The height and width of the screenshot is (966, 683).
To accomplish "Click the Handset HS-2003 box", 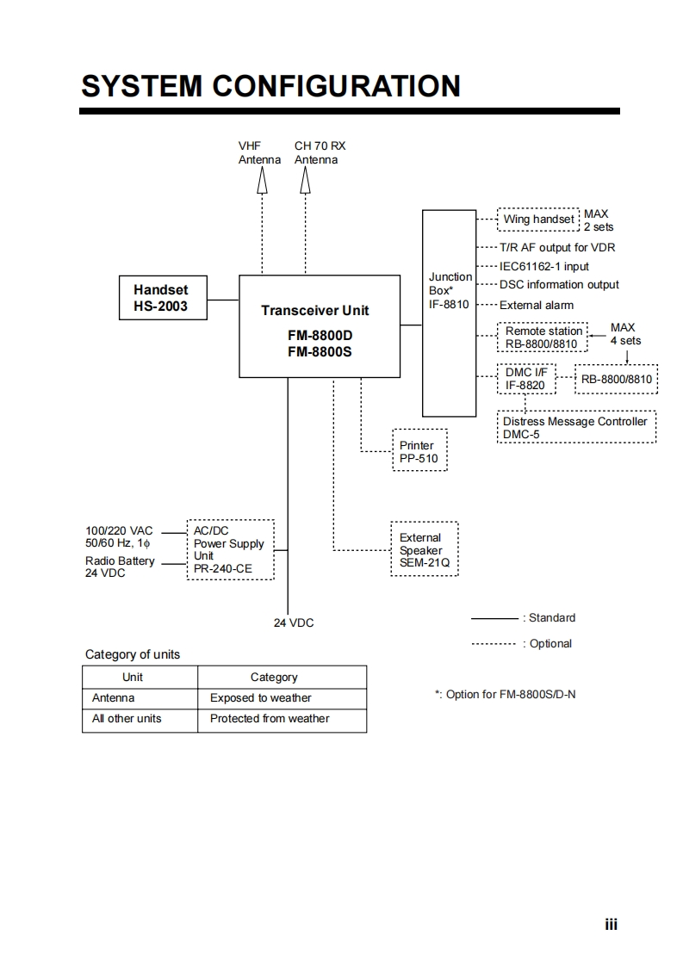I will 164,298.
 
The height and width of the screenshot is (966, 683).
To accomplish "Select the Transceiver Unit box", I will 319,325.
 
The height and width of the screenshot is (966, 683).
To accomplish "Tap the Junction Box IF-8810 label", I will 450,290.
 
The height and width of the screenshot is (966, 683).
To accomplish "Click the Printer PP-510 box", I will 419,452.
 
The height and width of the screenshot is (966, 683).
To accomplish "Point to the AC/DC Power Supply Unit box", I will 230,550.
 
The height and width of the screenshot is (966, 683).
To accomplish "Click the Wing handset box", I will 538,220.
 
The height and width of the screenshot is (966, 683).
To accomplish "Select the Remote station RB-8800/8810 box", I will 543,337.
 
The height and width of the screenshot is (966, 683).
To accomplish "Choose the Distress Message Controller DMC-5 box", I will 577,428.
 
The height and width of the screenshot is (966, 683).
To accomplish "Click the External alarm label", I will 536,305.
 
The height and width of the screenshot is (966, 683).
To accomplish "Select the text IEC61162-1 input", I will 544,267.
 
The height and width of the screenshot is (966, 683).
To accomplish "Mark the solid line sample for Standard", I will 494,618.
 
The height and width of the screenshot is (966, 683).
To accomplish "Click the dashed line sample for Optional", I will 494,644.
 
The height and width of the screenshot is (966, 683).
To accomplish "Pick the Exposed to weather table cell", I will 261,698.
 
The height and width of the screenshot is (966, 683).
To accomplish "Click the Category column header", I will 274,678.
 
